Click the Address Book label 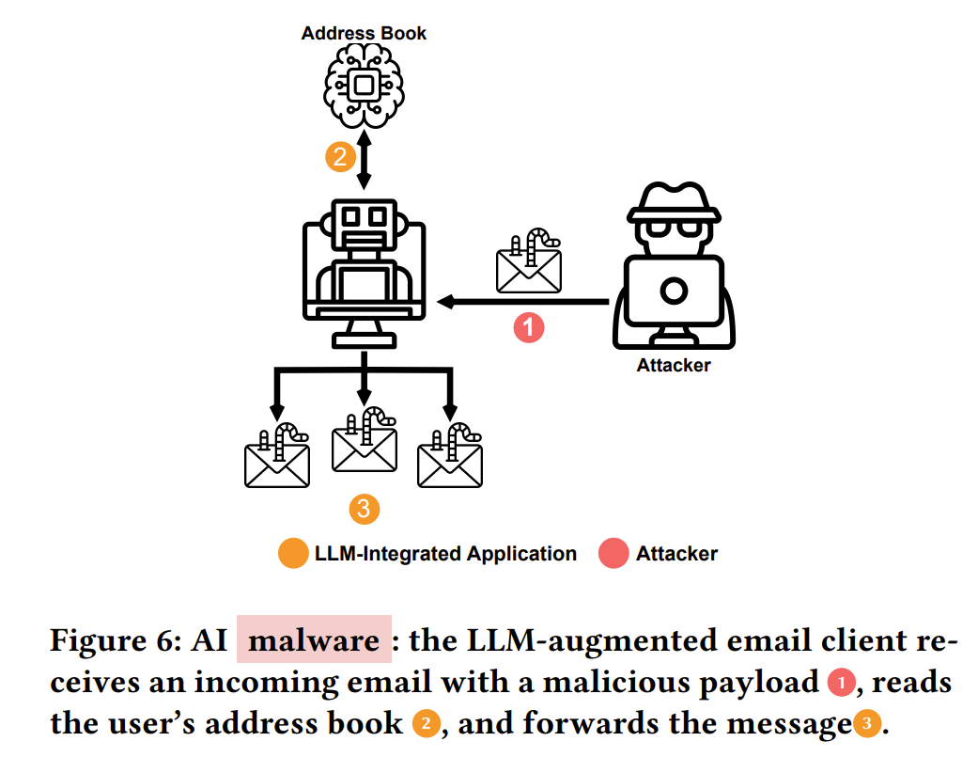(364, 33)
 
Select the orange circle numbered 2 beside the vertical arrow (339, 156)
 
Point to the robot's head (365, 222)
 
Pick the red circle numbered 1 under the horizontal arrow (529, 327)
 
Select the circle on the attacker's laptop (673, 291)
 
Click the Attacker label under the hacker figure (674, 365)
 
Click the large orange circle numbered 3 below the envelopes (365, 509)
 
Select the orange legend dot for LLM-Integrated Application (293, 554)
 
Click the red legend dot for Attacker (613, 554)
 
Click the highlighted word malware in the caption (314, 641)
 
